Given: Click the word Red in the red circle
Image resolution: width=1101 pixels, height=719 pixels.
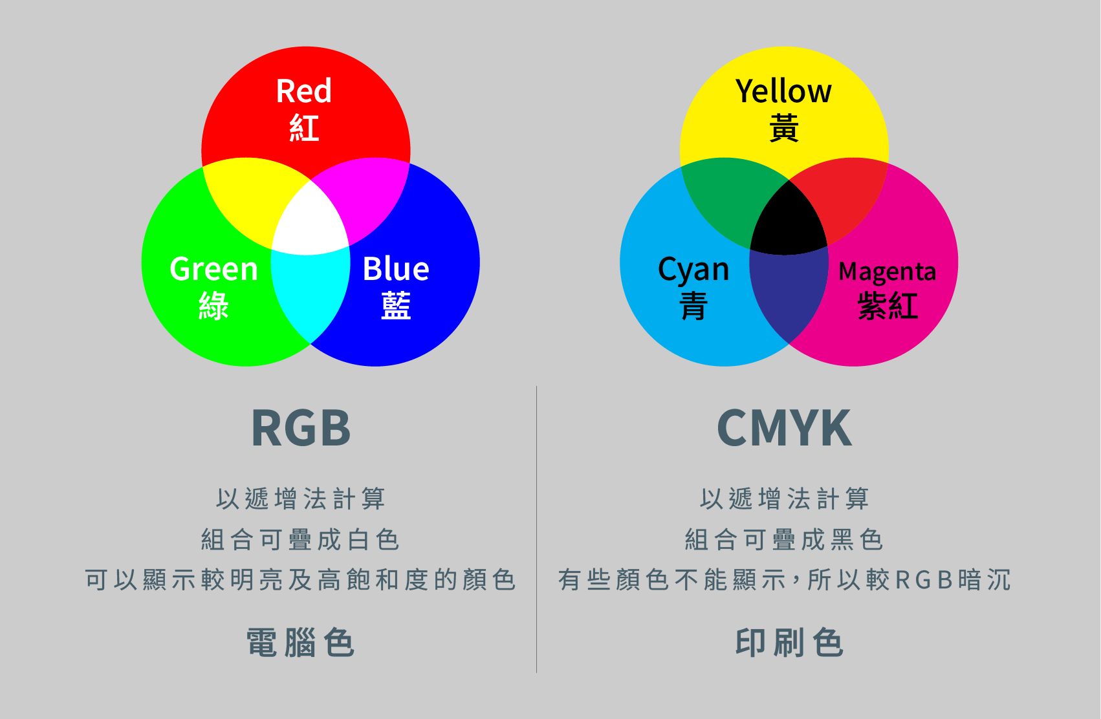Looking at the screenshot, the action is click(304, 91).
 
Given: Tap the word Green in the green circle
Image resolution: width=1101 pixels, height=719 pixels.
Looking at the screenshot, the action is click(214, 269).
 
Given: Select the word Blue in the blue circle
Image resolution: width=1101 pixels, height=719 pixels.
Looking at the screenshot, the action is click(396, 268).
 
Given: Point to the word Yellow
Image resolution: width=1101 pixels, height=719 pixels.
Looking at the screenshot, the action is click(783, 91).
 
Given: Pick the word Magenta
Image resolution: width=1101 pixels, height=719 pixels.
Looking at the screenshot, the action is click(887, 272).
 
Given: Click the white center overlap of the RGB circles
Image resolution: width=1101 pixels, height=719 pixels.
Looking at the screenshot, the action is click(310, 221).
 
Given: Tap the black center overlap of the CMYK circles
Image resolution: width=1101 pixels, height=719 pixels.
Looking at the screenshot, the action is click(789, 221).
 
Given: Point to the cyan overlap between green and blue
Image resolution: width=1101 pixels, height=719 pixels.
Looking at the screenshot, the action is click(311, 295).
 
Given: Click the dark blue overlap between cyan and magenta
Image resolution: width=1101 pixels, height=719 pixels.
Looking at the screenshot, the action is click(789, 295).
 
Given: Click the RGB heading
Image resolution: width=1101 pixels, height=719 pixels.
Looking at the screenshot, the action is click(301, 428).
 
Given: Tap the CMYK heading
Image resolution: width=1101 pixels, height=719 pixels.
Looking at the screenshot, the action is click(785, 428).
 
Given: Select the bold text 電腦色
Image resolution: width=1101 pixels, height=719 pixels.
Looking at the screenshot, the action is click(300, 643).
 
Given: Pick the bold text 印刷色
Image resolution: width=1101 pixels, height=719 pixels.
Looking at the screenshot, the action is click(789, 643).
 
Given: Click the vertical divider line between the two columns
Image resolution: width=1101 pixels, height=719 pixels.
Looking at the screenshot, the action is click(537, 530).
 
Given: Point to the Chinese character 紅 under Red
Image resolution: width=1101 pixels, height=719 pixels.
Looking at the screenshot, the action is click(304, 127).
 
